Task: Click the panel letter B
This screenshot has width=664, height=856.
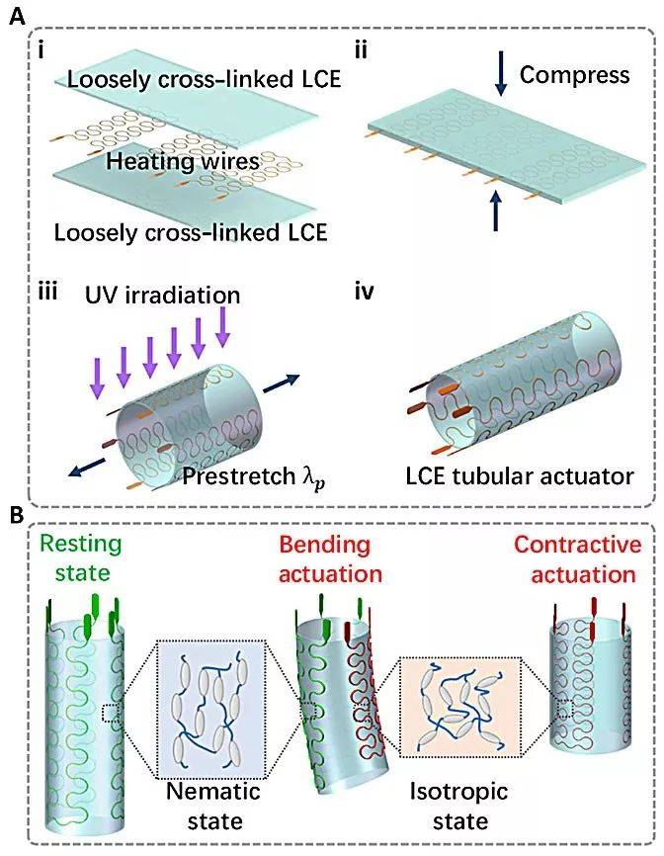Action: coord(17,514)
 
